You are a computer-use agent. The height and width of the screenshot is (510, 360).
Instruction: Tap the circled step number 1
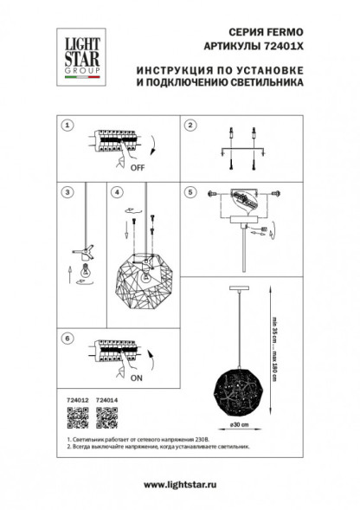(67, 126)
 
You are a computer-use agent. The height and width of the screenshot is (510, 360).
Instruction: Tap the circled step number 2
(189, 126)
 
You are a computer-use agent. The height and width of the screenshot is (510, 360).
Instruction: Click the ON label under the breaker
(136, 378)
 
